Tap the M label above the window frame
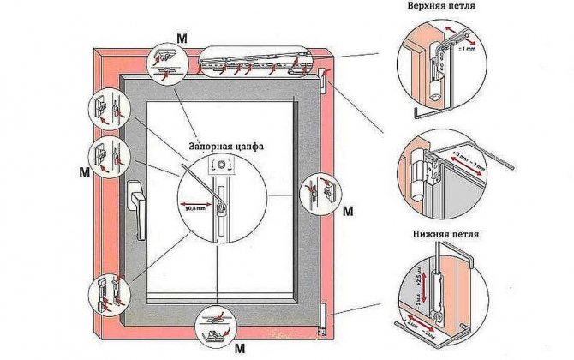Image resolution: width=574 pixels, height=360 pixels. pos(182,37)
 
